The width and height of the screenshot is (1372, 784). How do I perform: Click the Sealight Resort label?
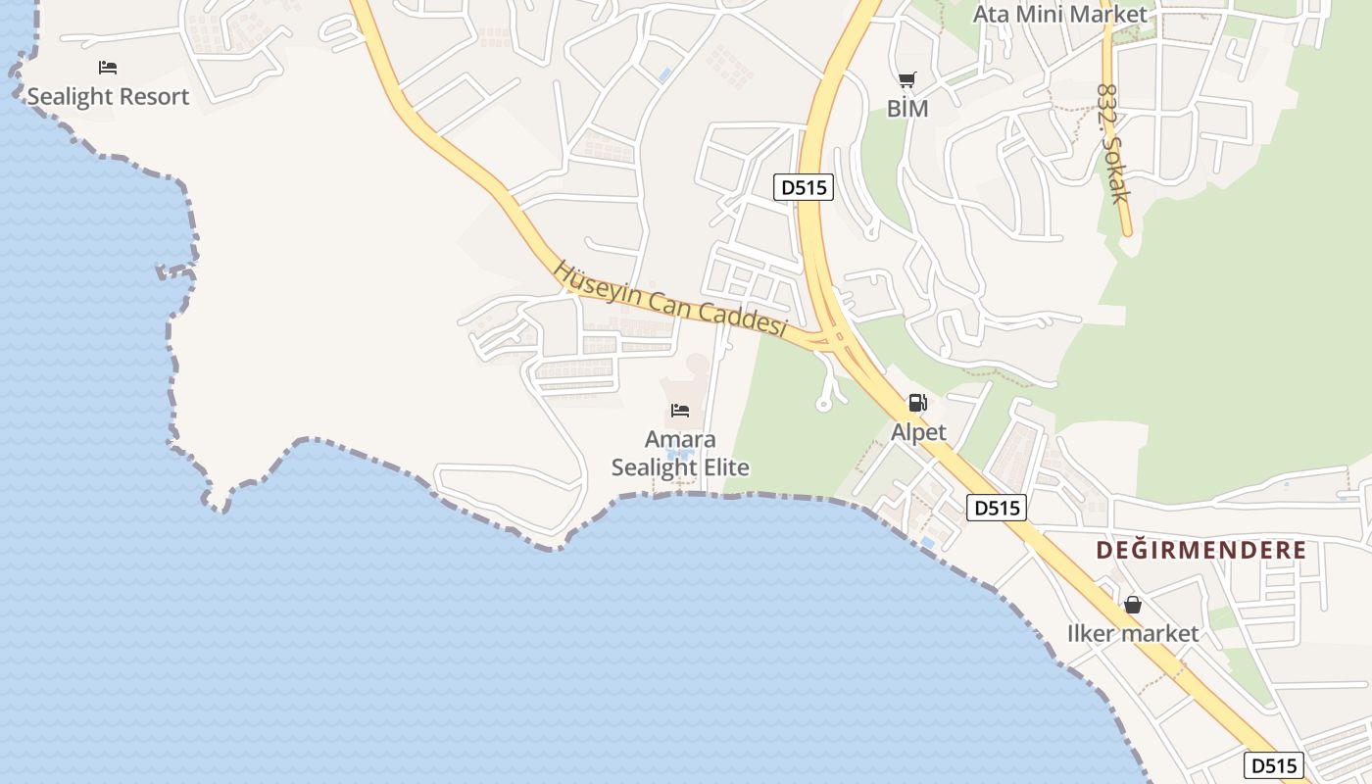point(108,97)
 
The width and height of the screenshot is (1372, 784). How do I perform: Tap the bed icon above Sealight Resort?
point(108,68)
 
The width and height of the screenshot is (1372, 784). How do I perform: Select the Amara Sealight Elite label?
point(680,454)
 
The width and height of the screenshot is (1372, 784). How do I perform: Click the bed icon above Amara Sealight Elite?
point(680,410)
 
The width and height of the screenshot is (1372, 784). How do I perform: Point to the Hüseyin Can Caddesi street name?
point(671,299)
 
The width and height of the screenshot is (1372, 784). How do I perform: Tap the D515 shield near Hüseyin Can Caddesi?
point(804,187)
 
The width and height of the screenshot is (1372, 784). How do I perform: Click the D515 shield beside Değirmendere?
point(997,508)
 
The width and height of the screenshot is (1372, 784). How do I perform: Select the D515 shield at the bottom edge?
point(1274,765)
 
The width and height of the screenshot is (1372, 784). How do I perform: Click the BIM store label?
point(907,109)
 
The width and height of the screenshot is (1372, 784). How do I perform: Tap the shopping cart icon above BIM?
point(907,79)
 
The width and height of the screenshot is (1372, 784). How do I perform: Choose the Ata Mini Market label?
point(1059,15)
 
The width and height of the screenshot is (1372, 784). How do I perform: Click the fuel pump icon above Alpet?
point(918,402)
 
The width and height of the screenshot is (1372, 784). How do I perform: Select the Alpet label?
point(918,432)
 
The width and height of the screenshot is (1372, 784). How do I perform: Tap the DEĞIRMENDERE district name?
point(1201,550)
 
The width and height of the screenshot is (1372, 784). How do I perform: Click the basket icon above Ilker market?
point(1133,605)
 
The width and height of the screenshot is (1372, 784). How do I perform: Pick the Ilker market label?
point(1133,634)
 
